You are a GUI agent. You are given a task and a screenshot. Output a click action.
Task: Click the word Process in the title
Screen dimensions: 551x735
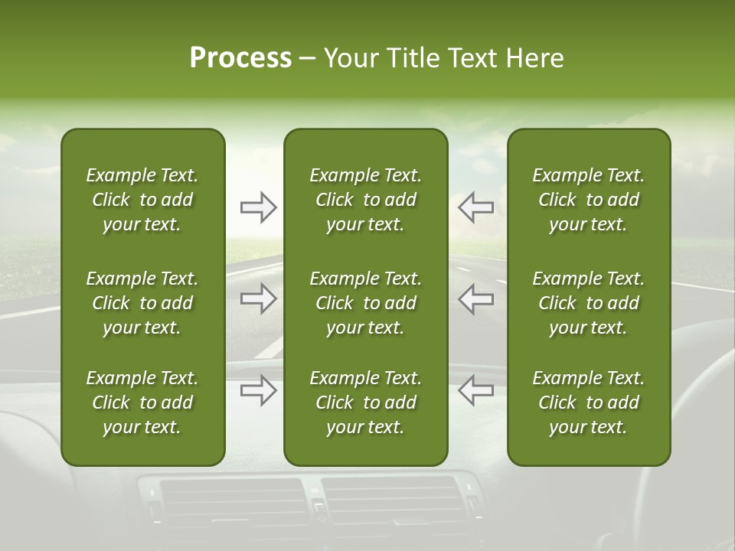[x=240, y=58]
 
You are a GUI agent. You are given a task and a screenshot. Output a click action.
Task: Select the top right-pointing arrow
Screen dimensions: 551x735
[x=259, y=207]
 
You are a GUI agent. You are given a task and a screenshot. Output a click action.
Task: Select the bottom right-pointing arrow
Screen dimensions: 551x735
[x=259, y=390]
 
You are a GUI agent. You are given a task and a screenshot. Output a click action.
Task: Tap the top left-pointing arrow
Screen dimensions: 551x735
[x=475, y=207]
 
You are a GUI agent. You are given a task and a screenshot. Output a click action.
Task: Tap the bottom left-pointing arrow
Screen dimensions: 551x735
[x=475, y=390]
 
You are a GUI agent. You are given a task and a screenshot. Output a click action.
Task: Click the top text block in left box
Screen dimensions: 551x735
[x=142, y=200]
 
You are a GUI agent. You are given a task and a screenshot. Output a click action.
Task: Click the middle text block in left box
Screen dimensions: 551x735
[x=142, y=303]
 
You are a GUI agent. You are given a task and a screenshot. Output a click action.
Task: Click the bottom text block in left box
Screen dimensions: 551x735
[x=142, y=403]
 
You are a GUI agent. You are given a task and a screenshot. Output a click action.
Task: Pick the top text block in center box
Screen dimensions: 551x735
[x=365, y=200]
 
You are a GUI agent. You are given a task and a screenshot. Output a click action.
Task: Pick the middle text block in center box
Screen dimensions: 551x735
[x=365, y=303]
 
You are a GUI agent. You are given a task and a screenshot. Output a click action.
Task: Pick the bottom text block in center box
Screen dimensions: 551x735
[x=365, y=403]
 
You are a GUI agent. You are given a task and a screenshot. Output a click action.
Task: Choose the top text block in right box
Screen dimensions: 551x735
[x=588, y=200]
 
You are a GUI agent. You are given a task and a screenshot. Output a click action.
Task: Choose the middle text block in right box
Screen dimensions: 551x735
[x=588, y=303]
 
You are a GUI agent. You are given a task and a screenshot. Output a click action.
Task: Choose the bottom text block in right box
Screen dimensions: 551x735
[x=588, y=403]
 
